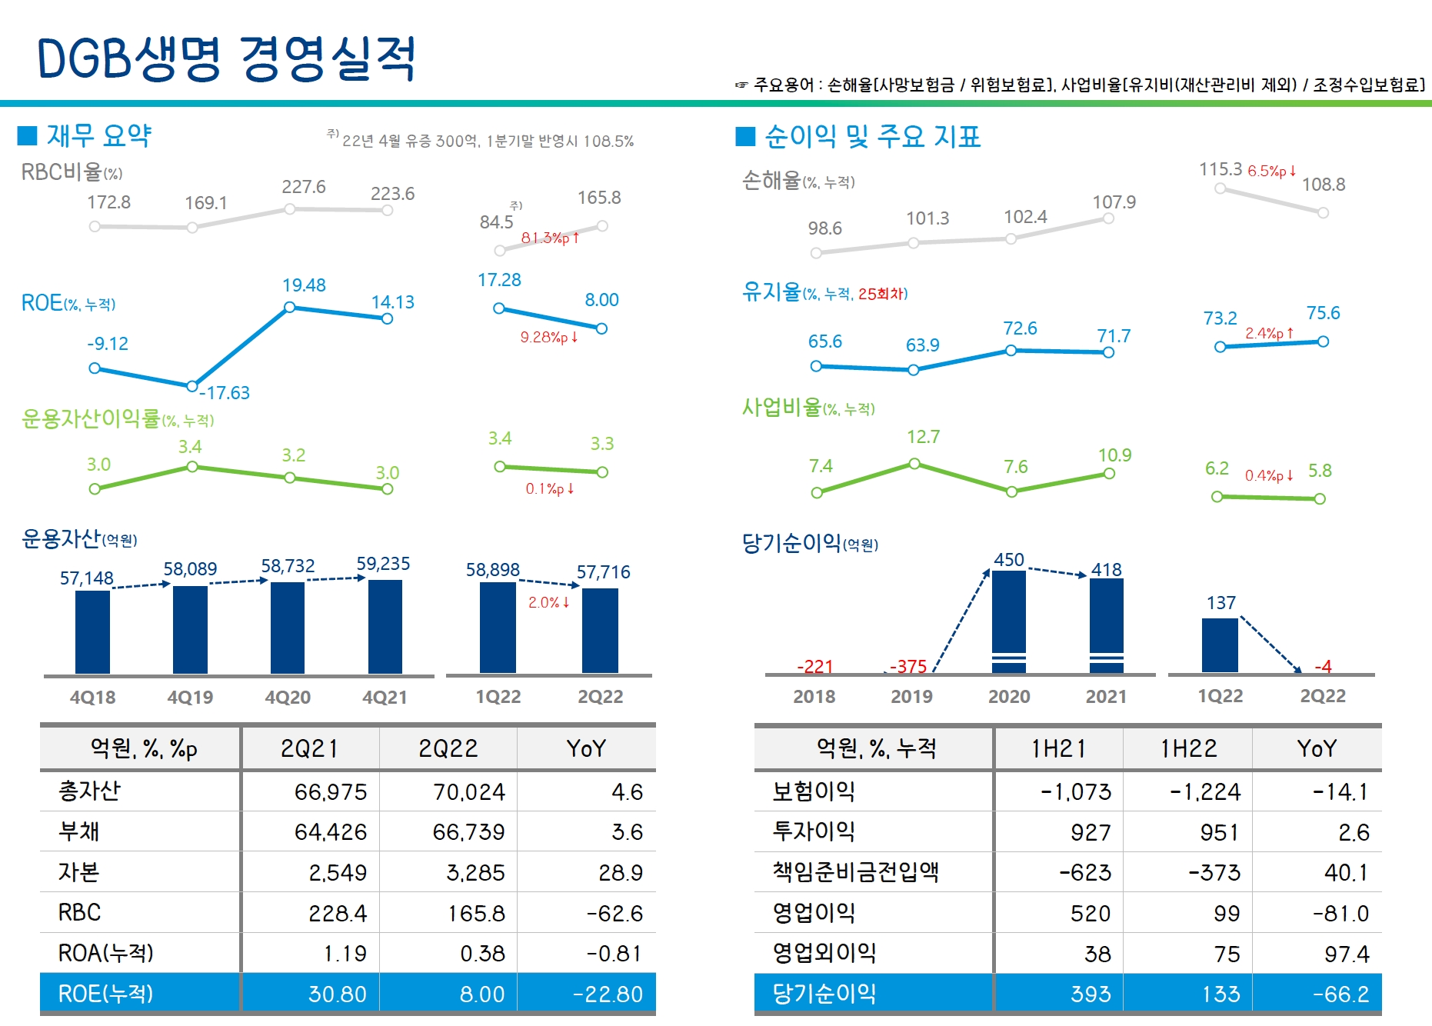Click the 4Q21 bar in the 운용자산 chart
coord(385,626)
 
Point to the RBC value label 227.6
coord(304,187)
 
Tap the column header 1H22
coord(1188,748)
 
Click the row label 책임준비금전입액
coord(855,872)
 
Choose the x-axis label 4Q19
coord(190,697)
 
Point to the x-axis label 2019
coord(911,696)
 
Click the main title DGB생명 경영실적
coord(226,58)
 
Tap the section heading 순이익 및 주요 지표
coord(872,136)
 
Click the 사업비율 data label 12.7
coord(923,437)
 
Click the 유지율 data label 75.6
coord(1323,313)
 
